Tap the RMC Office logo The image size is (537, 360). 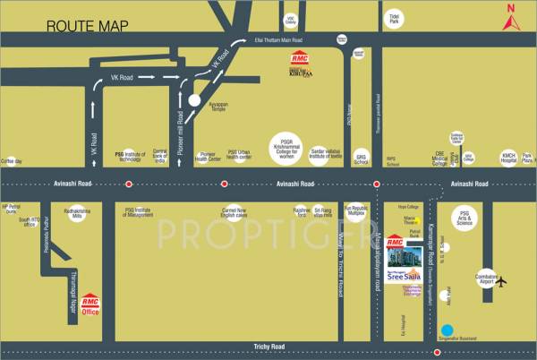89,306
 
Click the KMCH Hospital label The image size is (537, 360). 509,159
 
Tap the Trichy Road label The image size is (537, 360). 268,346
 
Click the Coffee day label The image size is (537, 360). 12,161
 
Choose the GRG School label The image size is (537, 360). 362,158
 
